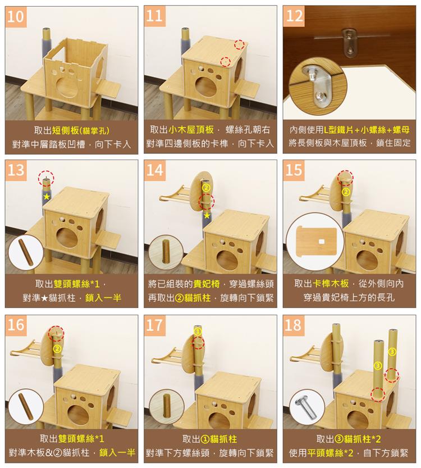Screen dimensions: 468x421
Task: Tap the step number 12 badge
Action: [294, 16]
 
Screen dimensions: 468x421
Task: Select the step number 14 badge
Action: [155, 170]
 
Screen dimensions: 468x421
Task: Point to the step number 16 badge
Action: [16, 324]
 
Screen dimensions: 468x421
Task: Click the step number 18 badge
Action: [294, 324]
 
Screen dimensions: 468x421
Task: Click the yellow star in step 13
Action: [47, 197]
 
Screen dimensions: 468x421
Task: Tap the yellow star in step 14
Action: [207, 215]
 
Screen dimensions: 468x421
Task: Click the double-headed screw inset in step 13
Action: [26, 252]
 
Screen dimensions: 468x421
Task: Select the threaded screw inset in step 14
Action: [166, 251]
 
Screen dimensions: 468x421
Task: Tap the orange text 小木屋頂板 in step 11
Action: [191, 130]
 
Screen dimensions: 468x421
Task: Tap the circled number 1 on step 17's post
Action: [198, 332]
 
